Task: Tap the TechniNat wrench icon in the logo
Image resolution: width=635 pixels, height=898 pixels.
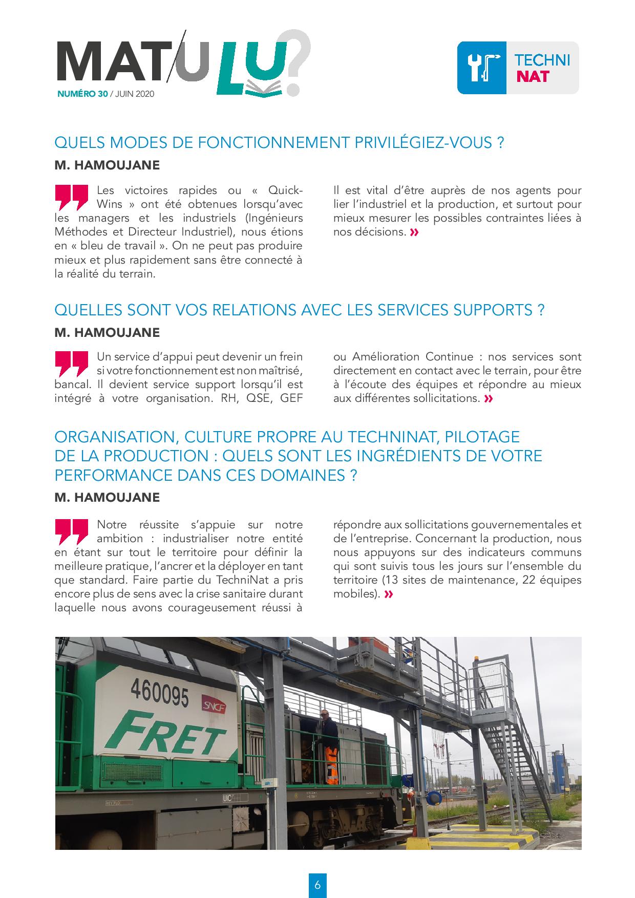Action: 482,68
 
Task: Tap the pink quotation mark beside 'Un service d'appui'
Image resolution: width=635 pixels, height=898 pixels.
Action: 71,364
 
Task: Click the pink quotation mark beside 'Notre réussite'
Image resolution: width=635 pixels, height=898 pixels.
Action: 71,532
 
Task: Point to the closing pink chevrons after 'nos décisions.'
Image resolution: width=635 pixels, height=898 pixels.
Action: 414,233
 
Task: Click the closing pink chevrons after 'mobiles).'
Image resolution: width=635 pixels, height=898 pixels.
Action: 389,594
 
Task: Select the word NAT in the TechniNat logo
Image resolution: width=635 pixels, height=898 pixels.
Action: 533,76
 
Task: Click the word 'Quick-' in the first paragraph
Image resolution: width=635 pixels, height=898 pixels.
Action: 285,190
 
